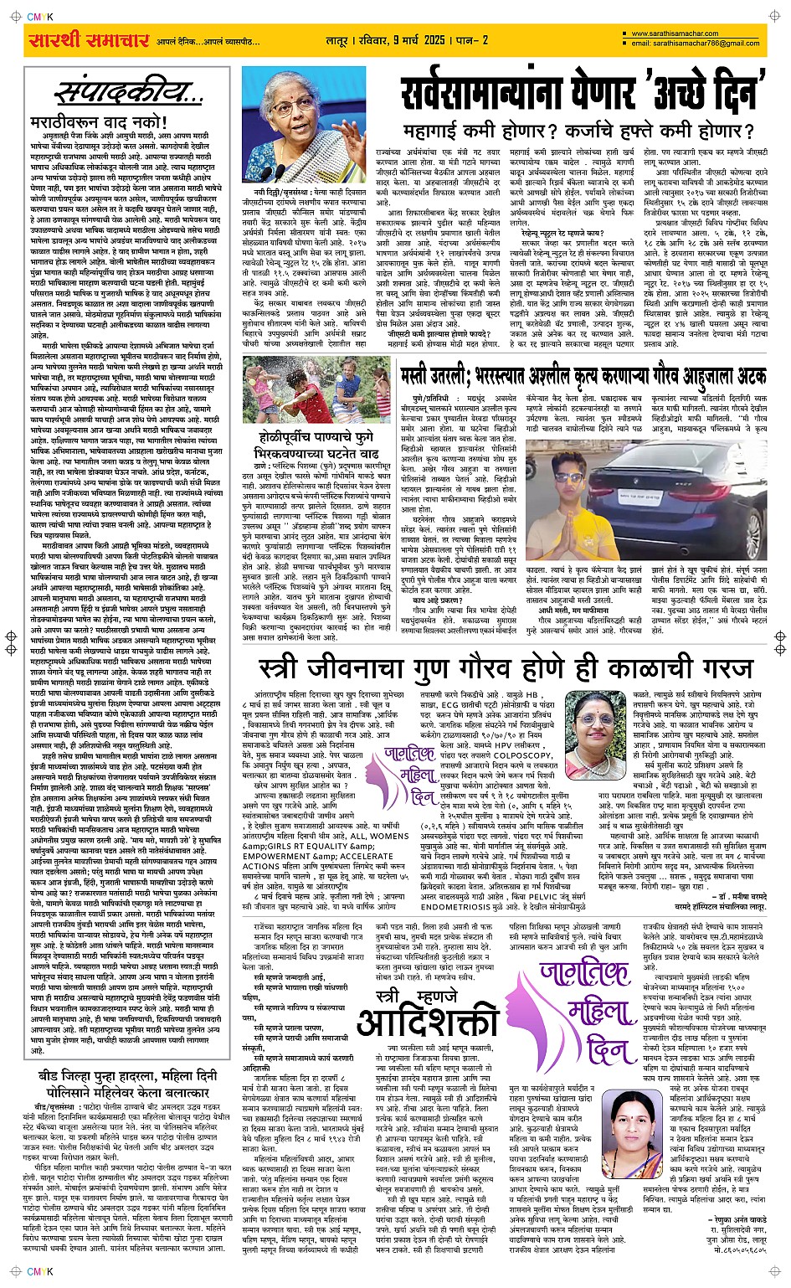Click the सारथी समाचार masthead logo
77,40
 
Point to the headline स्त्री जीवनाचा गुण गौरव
506,669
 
